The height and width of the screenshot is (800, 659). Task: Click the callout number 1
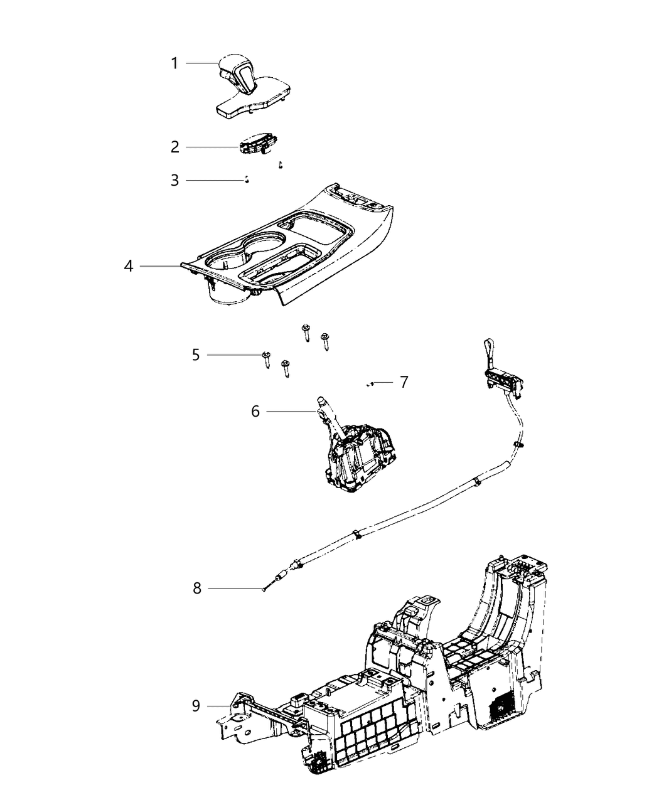pos(174,63)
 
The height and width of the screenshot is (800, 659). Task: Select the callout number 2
pos(175,147)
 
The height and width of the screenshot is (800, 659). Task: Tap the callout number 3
pos(174,181)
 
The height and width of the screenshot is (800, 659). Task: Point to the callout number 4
pos(129,266)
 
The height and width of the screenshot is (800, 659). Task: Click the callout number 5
pos(196,355)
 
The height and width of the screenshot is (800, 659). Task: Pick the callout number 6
pos(255,412)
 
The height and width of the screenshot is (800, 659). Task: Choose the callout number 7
pos(404,381)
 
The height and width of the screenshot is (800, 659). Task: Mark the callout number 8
pos(197,589)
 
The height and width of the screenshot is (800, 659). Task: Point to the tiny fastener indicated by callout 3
pos(248,181)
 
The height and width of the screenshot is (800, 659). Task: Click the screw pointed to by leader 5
pos(266,360)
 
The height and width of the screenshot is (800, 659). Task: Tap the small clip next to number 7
pos(371,383)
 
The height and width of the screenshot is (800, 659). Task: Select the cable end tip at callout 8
pos(267,587)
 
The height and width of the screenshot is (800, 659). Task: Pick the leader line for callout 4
pos(160,266)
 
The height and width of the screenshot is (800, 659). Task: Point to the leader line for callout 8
pos(235,588)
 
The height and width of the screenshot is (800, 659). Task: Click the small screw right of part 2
pos(281,165)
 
